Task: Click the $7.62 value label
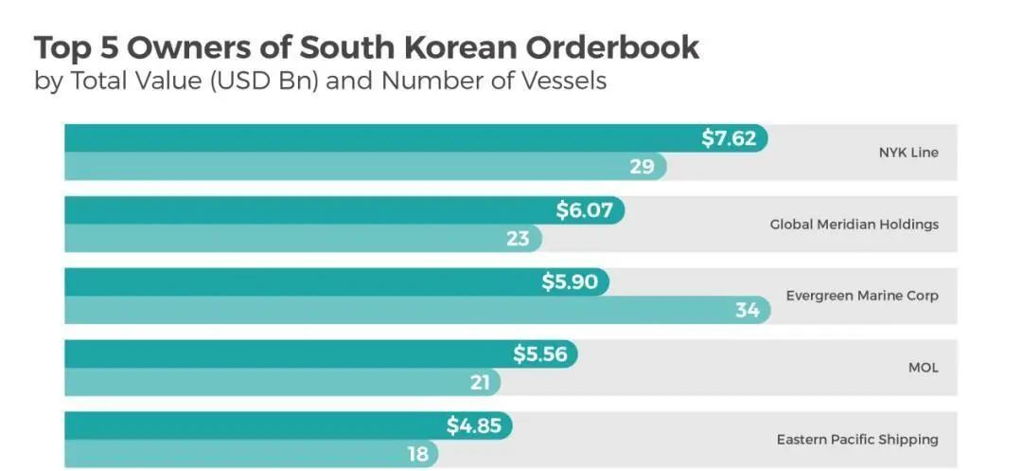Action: tap(729, 138)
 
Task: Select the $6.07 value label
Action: tap(585, 209)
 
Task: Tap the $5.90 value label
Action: tap(570, 282)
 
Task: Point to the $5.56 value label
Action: tap(539, 354)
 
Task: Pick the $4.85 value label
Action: tap(473, 426)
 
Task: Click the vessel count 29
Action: tap(643, 167)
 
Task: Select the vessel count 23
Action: tap(518, 238)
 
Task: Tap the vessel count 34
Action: tap(748, 310)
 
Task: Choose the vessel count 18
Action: tap(418, 454)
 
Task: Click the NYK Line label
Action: tap(908, 153)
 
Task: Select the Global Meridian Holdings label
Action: tap(854, 225)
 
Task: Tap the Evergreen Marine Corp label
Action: tap(862, 296)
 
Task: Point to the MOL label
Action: tap(923, 368)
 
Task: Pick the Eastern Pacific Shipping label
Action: tap(857, 440)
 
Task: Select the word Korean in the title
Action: tap(449, 47)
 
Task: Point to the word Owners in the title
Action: tap(173, 47)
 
